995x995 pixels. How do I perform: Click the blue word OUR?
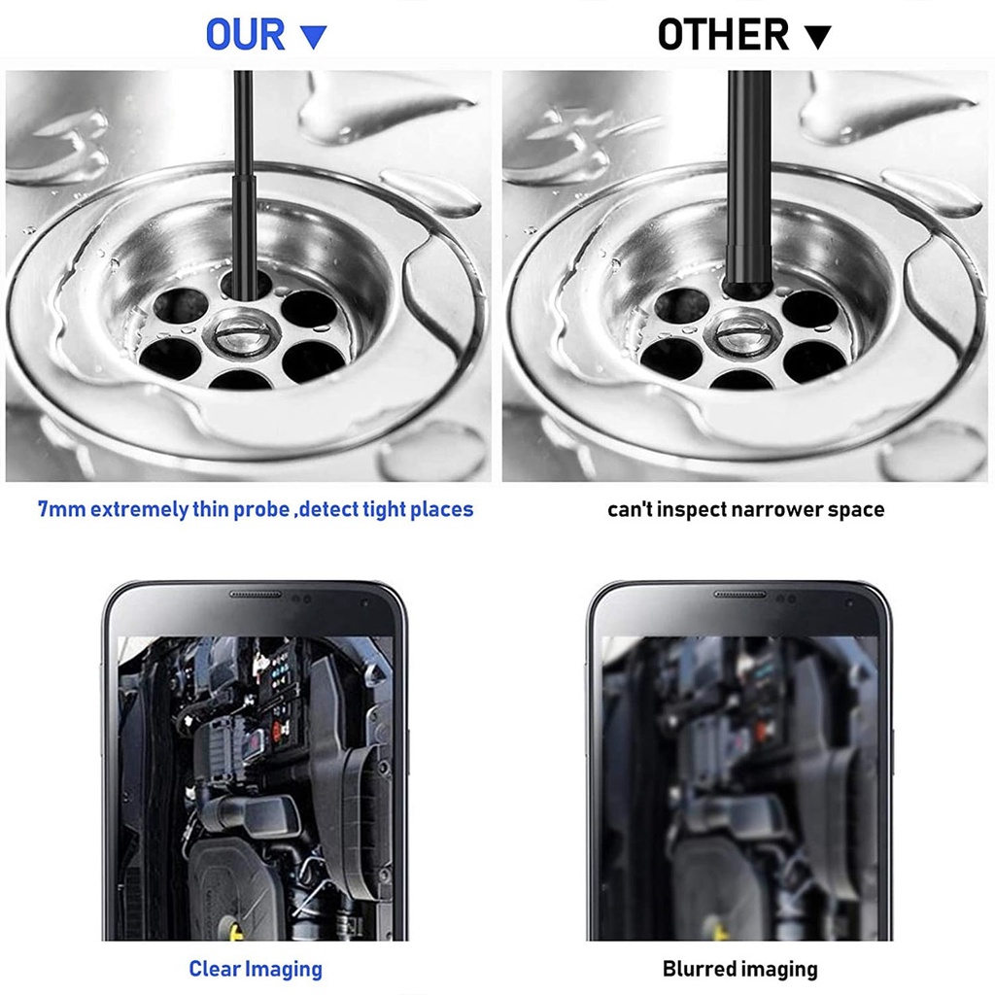click(x=246, y=35)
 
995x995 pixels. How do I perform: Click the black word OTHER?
click(x=723, y=35)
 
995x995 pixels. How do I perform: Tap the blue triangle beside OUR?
click(x=313, y=37)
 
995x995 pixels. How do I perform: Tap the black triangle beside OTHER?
click(x=818, y=37)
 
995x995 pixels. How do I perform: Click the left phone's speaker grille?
click(x=255, y=595)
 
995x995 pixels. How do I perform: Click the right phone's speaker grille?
click(x=739, y=595)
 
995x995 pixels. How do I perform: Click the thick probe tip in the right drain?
click(x=749, y=270)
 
